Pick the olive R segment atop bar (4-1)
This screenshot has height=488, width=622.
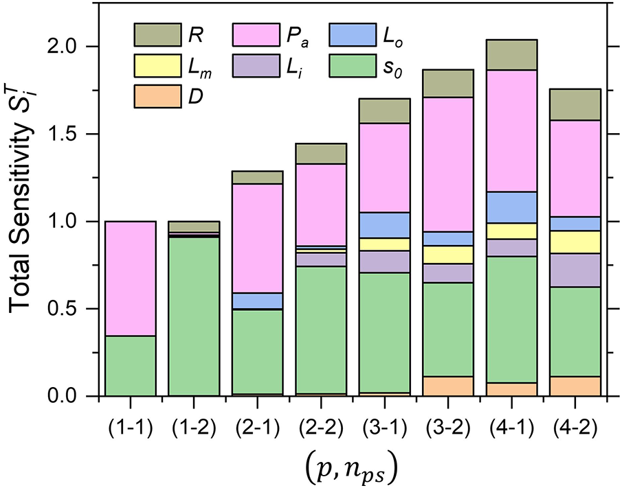(512, 55)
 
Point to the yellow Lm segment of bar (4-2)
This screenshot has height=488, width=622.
(576, 242)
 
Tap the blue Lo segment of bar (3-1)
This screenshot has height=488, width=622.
(386, 225)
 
